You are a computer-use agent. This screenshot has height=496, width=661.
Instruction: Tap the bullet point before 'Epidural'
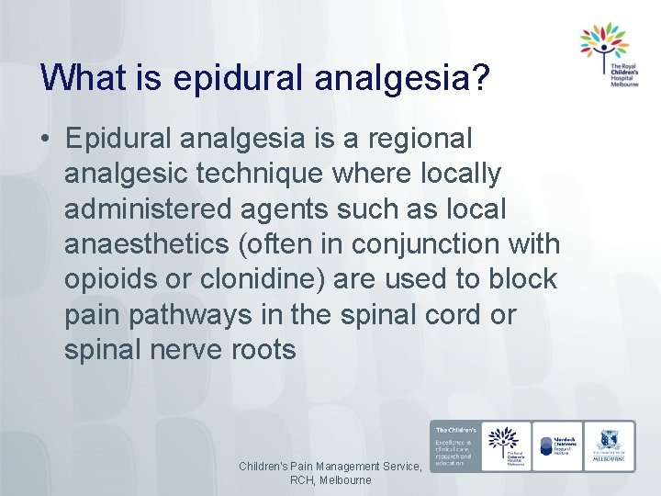pos(45,139)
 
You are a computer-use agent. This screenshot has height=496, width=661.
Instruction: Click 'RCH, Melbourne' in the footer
pos(330,480)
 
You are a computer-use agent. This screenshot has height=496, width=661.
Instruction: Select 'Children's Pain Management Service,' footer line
pos(330,467)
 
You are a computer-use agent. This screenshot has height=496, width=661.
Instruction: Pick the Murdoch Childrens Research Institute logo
pos(558,445)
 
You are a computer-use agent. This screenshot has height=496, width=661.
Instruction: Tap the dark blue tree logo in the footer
pos(504,445)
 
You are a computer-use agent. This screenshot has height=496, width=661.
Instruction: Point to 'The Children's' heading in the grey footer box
pos(454,430)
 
